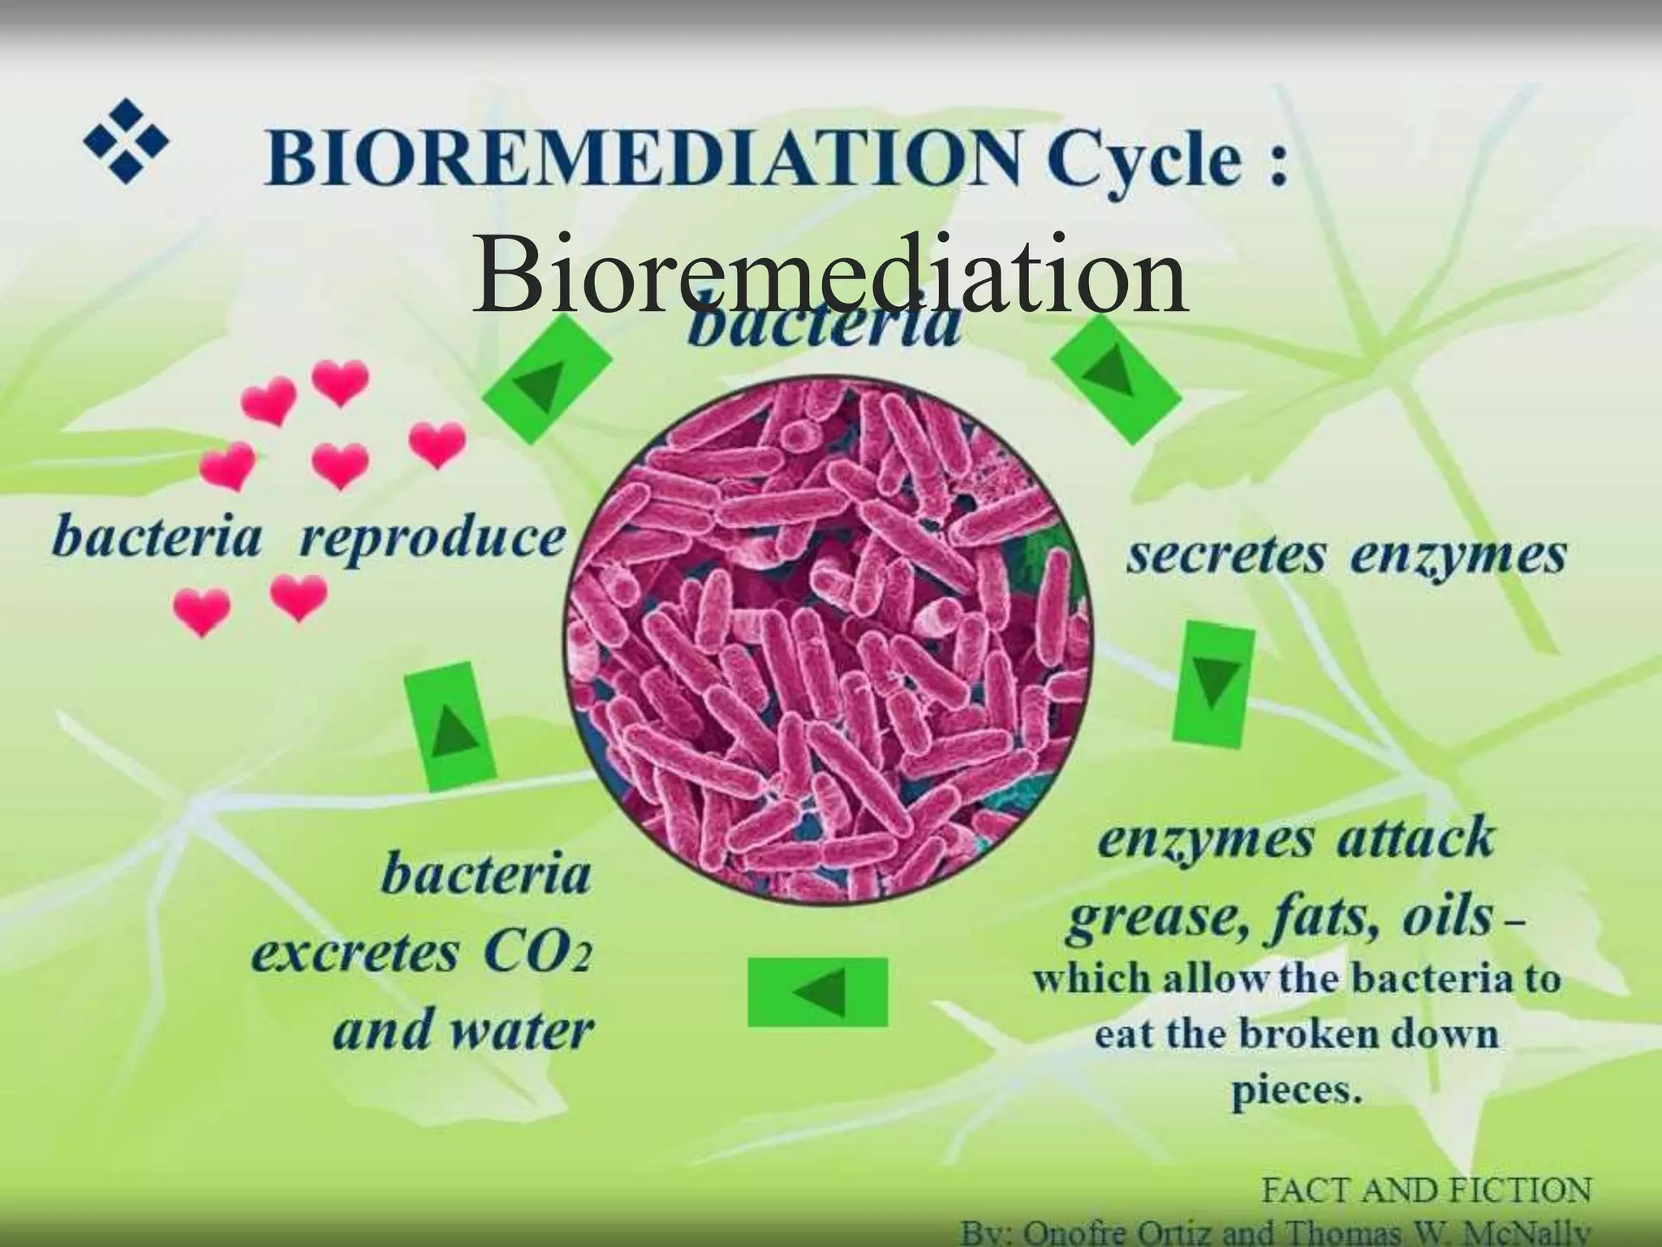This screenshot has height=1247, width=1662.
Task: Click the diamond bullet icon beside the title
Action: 127,141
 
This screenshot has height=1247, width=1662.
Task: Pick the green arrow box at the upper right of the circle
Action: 1116,378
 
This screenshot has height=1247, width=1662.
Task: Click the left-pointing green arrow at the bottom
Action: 817,991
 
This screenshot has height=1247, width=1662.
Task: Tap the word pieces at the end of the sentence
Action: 1295,1090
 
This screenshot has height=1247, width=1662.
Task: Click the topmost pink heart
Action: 340,380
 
